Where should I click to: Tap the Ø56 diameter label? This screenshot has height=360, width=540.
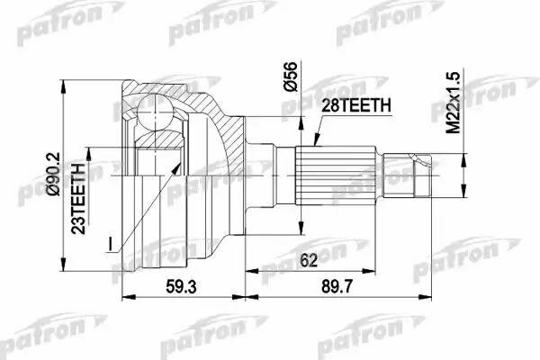tap(289, 80)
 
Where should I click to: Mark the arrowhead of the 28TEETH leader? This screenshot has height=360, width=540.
tap(318, 143)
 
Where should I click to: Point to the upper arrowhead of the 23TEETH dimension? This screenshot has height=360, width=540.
tap(88, 146)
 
